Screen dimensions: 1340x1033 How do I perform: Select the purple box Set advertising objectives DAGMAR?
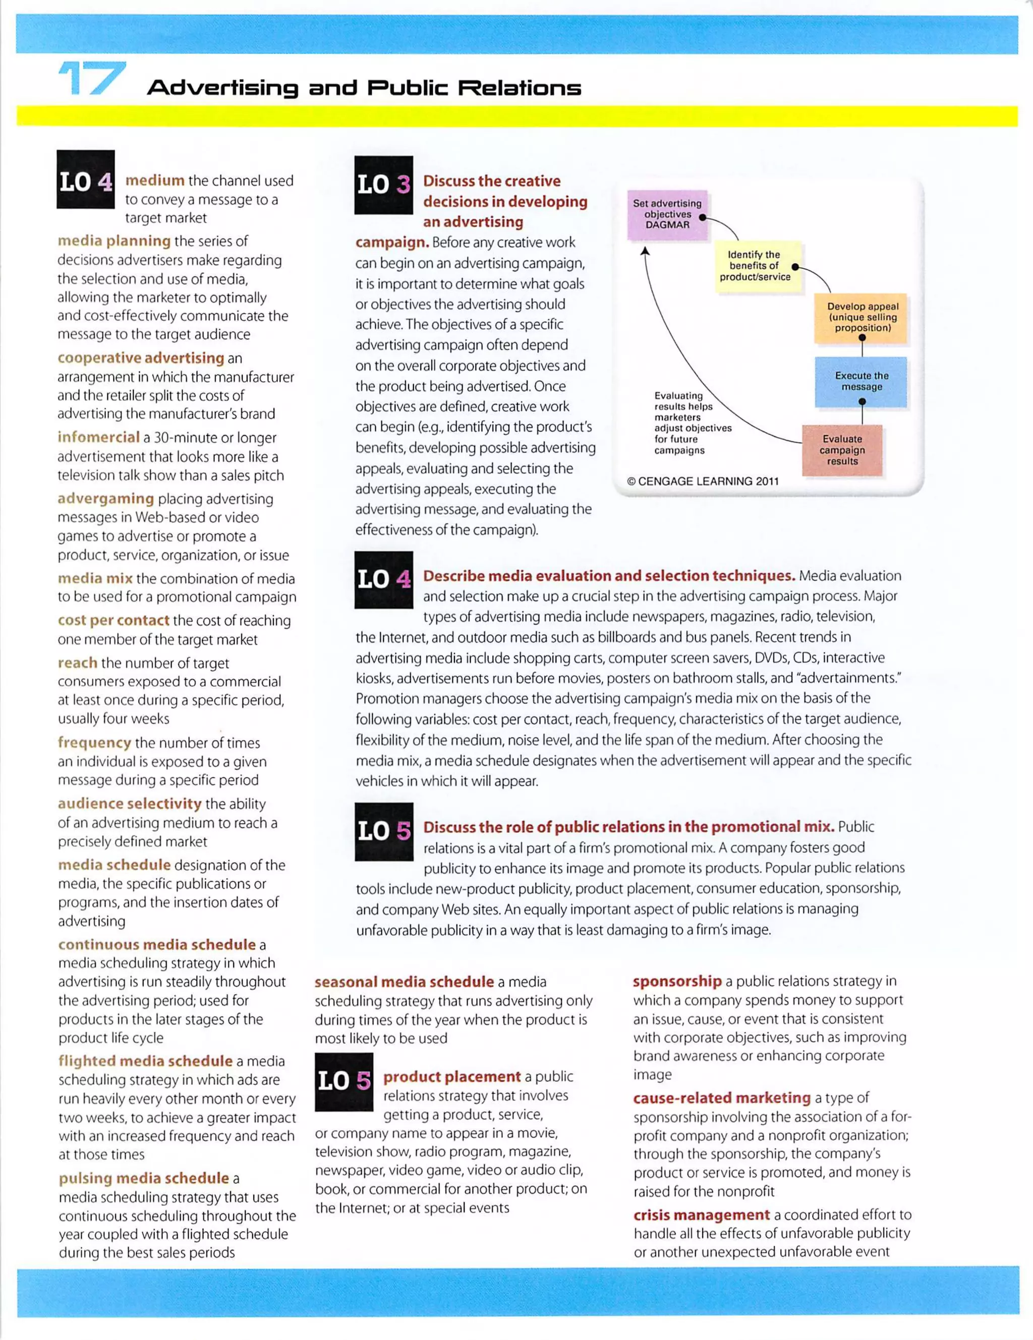(x=667, y=214)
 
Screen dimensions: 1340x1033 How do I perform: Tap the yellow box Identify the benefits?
(x=755, y=266)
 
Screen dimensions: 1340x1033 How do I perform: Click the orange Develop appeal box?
(x=862, y=317)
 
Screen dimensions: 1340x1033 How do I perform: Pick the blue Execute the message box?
(x=861, y=381)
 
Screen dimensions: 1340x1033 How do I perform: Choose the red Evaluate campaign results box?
(x=841, y=450)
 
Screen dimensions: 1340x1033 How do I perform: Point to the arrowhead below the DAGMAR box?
(x=645, y=251)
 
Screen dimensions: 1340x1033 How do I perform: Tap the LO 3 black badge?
(x=384, y=185)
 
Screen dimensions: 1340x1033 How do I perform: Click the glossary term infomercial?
(x=98, y=438)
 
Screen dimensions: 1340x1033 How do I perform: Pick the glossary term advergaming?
(x=105, y=498)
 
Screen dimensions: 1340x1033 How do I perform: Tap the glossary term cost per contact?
(x=113, y=620)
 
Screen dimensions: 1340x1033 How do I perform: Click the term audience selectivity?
(x=129, y=804)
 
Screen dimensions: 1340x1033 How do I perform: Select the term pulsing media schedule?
(x=144, y=1178)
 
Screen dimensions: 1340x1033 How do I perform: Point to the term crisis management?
(x=701, y=1215)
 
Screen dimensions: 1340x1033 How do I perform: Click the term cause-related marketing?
(x=722, y=1098)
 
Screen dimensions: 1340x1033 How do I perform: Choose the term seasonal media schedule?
(x=404, y=982)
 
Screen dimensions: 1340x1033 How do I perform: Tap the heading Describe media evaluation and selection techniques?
(x=609, y=576)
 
